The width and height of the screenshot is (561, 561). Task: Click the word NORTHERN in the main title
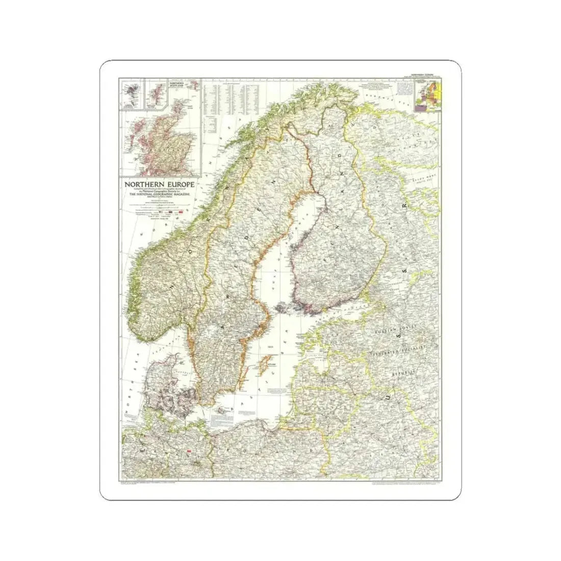click(x=138, y=183)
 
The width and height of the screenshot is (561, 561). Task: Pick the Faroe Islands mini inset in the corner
click(x=130, y=94)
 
